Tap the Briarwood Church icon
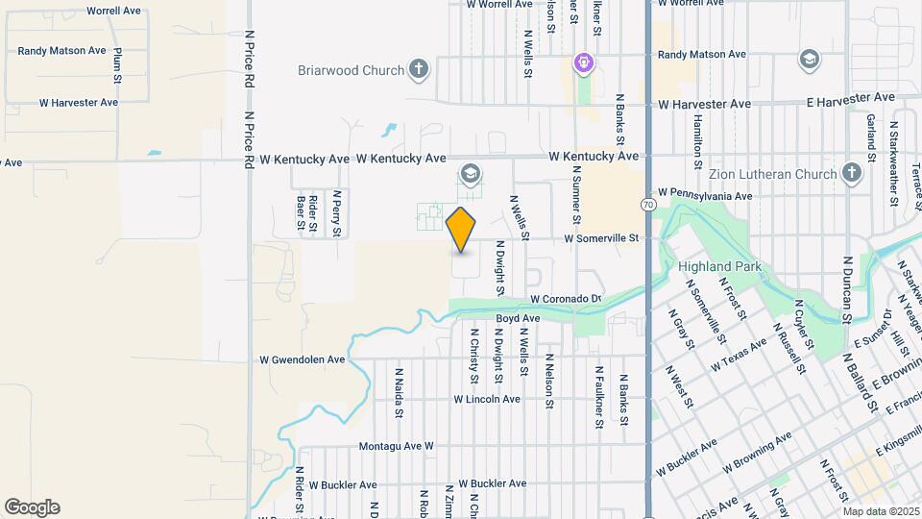(x=418, y=68)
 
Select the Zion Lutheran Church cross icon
(x=850, y=174)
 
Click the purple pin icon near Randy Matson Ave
(x=583, y=64)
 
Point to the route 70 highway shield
(x=649, y=205)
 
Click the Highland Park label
(x=719, y=266)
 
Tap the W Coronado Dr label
(x=566, y=300)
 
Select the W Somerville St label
(x=600, y=237)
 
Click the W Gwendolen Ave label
(x=302, y=359)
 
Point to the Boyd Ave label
(x=518, y=318)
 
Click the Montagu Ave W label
(x=397, y=447)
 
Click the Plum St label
(x=117, y=62)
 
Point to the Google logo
(x=32, y=507)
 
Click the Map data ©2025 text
(x=881, y=511)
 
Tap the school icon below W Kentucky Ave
(x=470, y=174)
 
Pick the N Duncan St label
(x=847, y=287)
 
